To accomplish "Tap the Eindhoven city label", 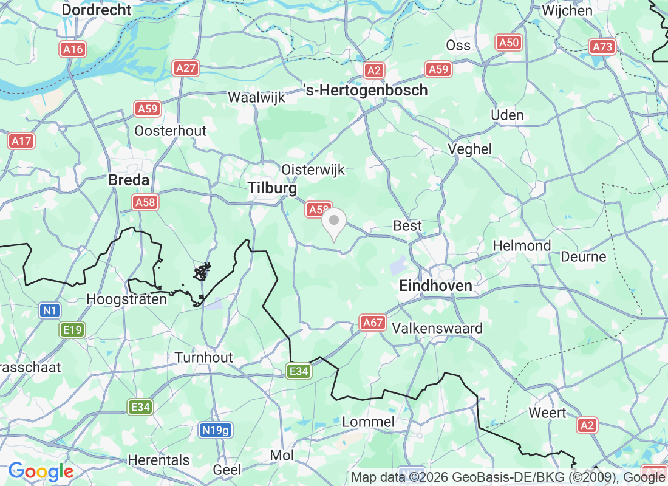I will click(435, 286).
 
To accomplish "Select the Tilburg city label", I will click(273, 189).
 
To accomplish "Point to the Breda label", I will click(129, 180).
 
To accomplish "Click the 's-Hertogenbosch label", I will click(365, 91).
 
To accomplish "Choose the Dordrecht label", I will click(97, 10).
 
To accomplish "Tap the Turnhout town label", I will click(204, 357).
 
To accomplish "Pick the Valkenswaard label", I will click(437, 329).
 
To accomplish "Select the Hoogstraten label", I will click(127, 299).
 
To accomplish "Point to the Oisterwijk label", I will click(313, 170).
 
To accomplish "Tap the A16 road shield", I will click(73, 49).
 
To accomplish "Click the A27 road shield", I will click(185, 67).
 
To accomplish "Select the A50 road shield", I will click(508, 42).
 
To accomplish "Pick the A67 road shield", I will click(373, 323).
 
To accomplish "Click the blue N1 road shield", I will click(50, 311).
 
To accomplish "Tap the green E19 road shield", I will click(72, 330).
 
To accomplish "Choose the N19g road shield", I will click(216, 430).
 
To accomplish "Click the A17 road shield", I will click(22, 141).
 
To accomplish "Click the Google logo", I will click(41, 471).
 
